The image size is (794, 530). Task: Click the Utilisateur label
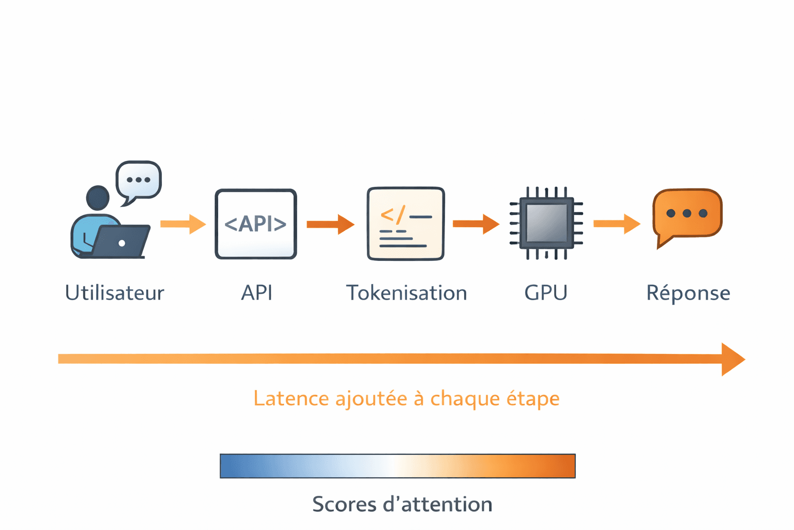[114, 293]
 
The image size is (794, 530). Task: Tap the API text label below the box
[256, 293]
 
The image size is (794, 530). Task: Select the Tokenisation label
[406, 293]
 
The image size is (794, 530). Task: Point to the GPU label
[546, 293]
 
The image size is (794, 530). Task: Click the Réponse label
[688, 293]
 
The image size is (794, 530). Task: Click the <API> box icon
[256, 224]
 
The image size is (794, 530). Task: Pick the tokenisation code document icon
[406, 224]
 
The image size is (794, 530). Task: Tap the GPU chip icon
[546, 223]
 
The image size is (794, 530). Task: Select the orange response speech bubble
[688, 214]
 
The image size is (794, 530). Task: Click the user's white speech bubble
[139, 180]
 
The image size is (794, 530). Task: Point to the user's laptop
[122, 242]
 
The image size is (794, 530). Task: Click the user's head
[98, 198]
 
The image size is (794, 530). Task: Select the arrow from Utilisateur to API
[183, 224]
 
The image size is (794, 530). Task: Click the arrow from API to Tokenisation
[330, 224]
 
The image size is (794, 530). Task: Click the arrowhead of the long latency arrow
[732, 359]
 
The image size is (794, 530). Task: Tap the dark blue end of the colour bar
[227, 466]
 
